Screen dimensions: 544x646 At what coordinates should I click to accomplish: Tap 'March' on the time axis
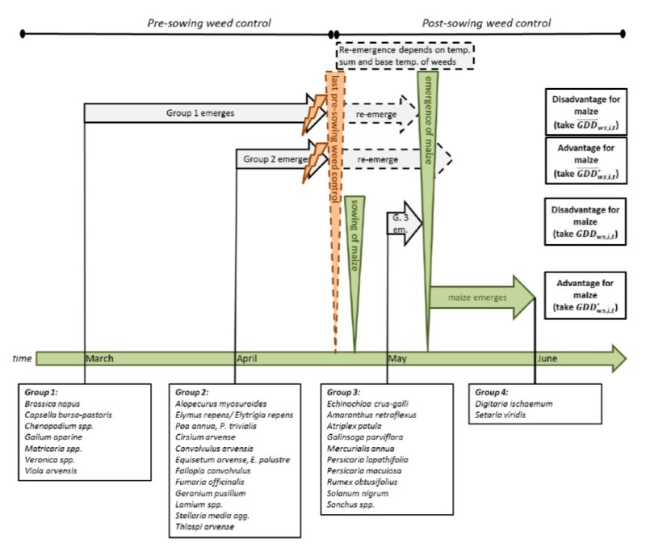click(x=99, y=358)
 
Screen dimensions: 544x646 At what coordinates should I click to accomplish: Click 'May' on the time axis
click(x=398, y=358)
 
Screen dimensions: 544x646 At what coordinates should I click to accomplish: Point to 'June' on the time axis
click(x=547, y=358)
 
